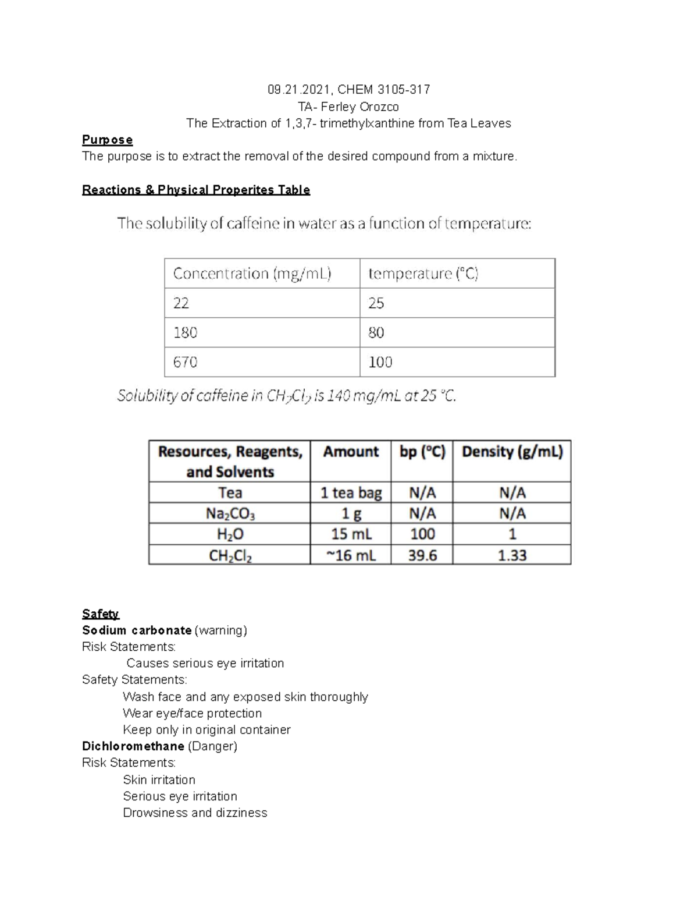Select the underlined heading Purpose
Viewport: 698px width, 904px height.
tap(107, 140)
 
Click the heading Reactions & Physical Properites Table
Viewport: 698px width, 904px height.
tap(196, 190)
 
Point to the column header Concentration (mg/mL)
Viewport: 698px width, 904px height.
tap(252, 274)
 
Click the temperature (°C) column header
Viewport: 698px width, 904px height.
tap(423, 274)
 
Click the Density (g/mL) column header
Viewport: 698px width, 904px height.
tap(512, 452)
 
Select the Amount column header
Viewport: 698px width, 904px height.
tap(351, 452)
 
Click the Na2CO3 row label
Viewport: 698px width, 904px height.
tap(230, 513)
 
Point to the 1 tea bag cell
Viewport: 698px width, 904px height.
tap(351, 493)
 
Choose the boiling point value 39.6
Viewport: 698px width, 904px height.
tap(422, 555)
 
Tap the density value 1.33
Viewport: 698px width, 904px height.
tap(512, 555)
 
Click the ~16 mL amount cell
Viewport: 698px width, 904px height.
tap(351, 555)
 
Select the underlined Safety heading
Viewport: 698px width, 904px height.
tap(101, 614)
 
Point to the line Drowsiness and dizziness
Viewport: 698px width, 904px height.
tap(195, 813)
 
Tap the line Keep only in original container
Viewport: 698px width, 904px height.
tap(206, 729)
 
